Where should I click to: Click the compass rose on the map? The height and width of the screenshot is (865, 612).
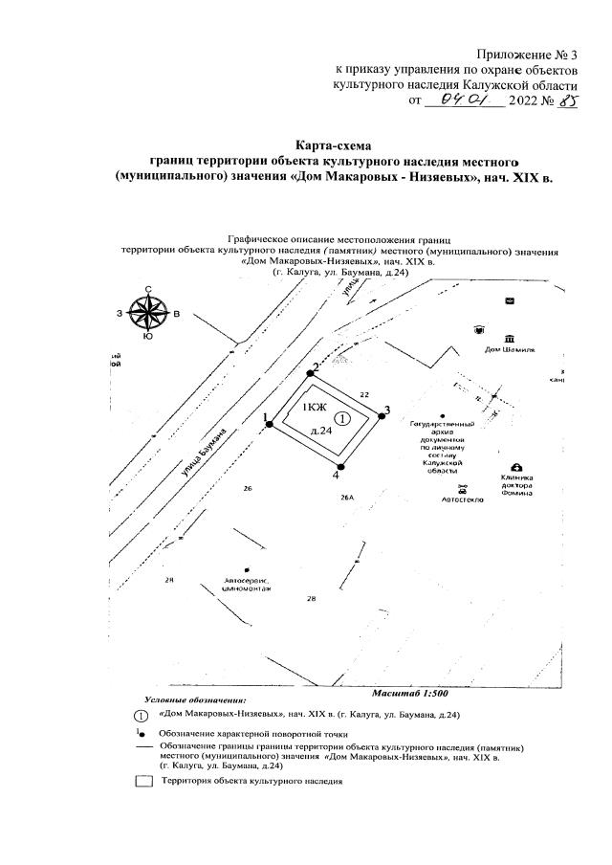coord(148,313)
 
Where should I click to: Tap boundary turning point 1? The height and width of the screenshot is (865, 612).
coord(271,424)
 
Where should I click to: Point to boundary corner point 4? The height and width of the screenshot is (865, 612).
coord(339,467)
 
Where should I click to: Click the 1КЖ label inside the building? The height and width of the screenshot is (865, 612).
coord(314,409)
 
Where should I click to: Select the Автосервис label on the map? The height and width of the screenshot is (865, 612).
coord(247,581)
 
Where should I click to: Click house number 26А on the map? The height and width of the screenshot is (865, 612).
coord(346,498)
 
